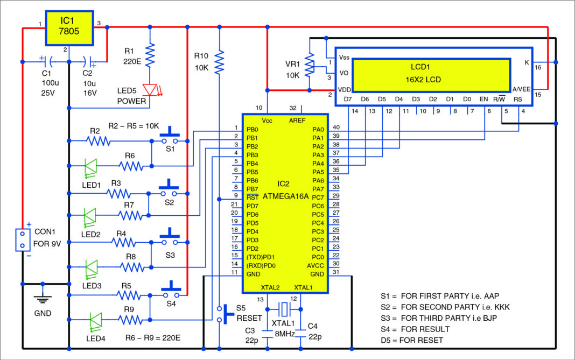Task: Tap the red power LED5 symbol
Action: point(149,90)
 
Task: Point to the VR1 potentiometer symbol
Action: point(310,65)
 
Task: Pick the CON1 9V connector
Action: point(22,239)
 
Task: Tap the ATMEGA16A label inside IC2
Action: point(285,197)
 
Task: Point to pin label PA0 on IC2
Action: point(318,130)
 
